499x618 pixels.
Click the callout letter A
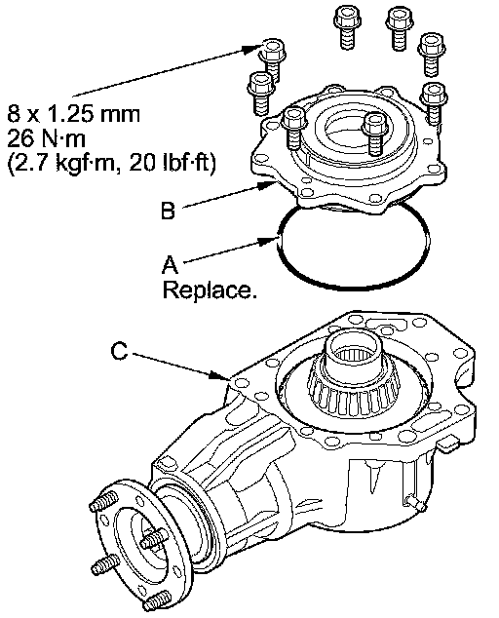click(x=170, y=264)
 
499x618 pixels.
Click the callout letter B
click(x=168, y=211)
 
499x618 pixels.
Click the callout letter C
click(x=120, y=351)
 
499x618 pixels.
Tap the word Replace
click(x=210, y=290)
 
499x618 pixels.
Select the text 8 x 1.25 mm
click(x=74, y=114)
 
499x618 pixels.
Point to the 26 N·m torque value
click(x=46, y=138)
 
